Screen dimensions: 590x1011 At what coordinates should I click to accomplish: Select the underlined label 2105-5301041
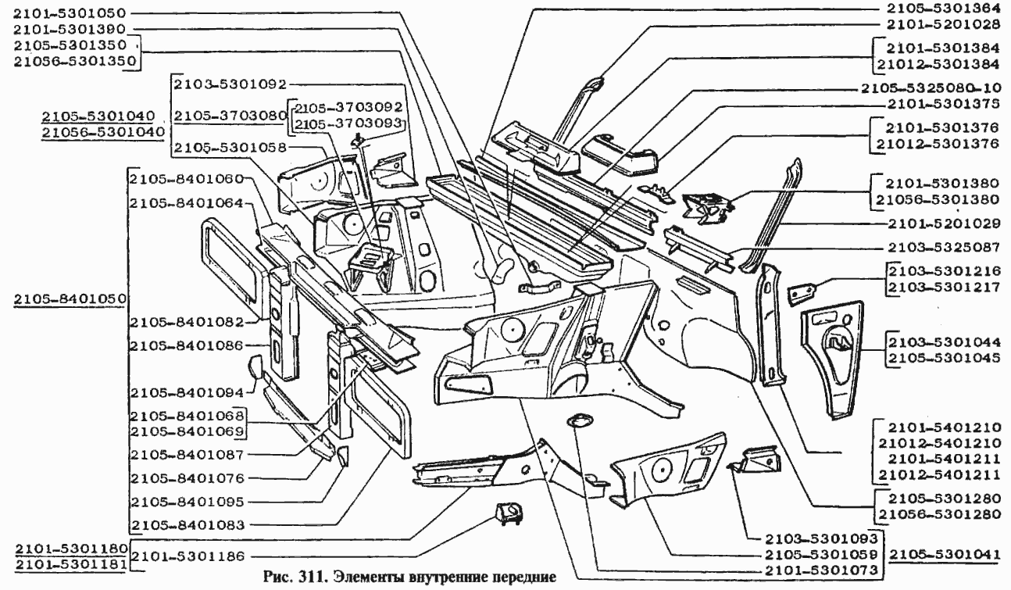[945, 554]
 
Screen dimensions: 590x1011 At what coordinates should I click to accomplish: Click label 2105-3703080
[229, 116]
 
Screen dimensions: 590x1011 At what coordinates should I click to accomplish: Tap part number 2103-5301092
[231, 83]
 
